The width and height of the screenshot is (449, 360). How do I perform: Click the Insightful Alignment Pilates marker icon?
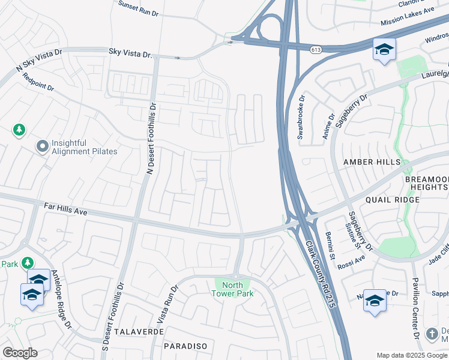[42, 146]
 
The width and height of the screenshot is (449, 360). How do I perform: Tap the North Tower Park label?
[232, 289]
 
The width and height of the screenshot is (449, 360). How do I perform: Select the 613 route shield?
[315, 49]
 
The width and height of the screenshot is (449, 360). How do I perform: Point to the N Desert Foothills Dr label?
[151, 139]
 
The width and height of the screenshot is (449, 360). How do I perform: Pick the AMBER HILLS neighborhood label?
[371, 163]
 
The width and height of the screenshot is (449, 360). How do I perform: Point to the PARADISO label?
[185, 346]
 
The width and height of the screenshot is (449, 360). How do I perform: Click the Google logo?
[20, 352]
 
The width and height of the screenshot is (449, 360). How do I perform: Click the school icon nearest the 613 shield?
[384, 49]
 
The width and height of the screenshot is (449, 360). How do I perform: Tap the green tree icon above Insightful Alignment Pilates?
[19, 129]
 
